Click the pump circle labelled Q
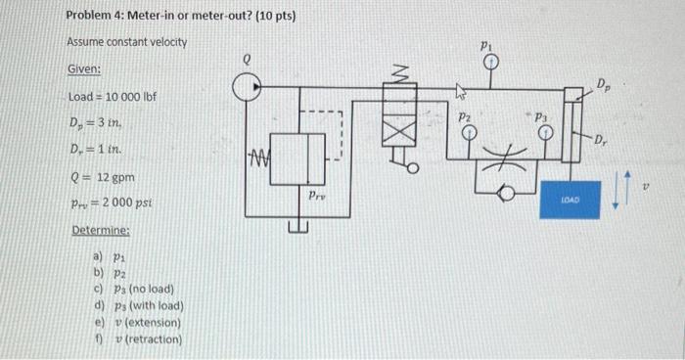(248, 88)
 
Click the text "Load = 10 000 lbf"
(113, 99)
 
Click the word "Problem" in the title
(89, 17)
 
